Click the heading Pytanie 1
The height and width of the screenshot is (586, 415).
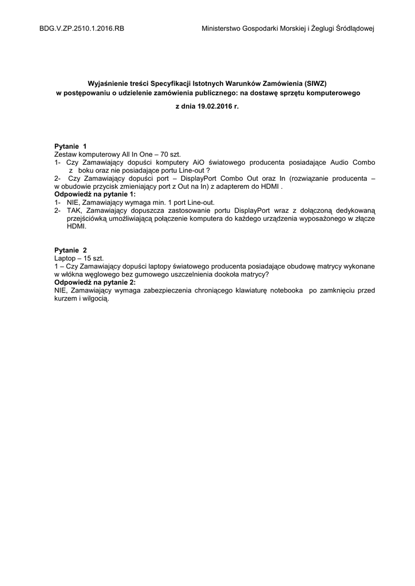click(x=70, y=147)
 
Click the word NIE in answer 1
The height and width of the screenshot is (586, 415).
click(x=72, y=203)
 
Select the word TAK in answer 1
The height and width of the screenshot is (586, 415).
click(x=73, y=211)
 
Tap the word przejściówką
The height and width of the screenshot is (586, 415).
click(x=88, y=218)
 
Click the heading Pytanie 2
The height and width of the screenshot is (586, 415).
click(x=71, y=251)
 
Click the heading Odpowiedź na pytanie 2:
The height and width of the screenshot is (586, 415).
click(x=95, y=282)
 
